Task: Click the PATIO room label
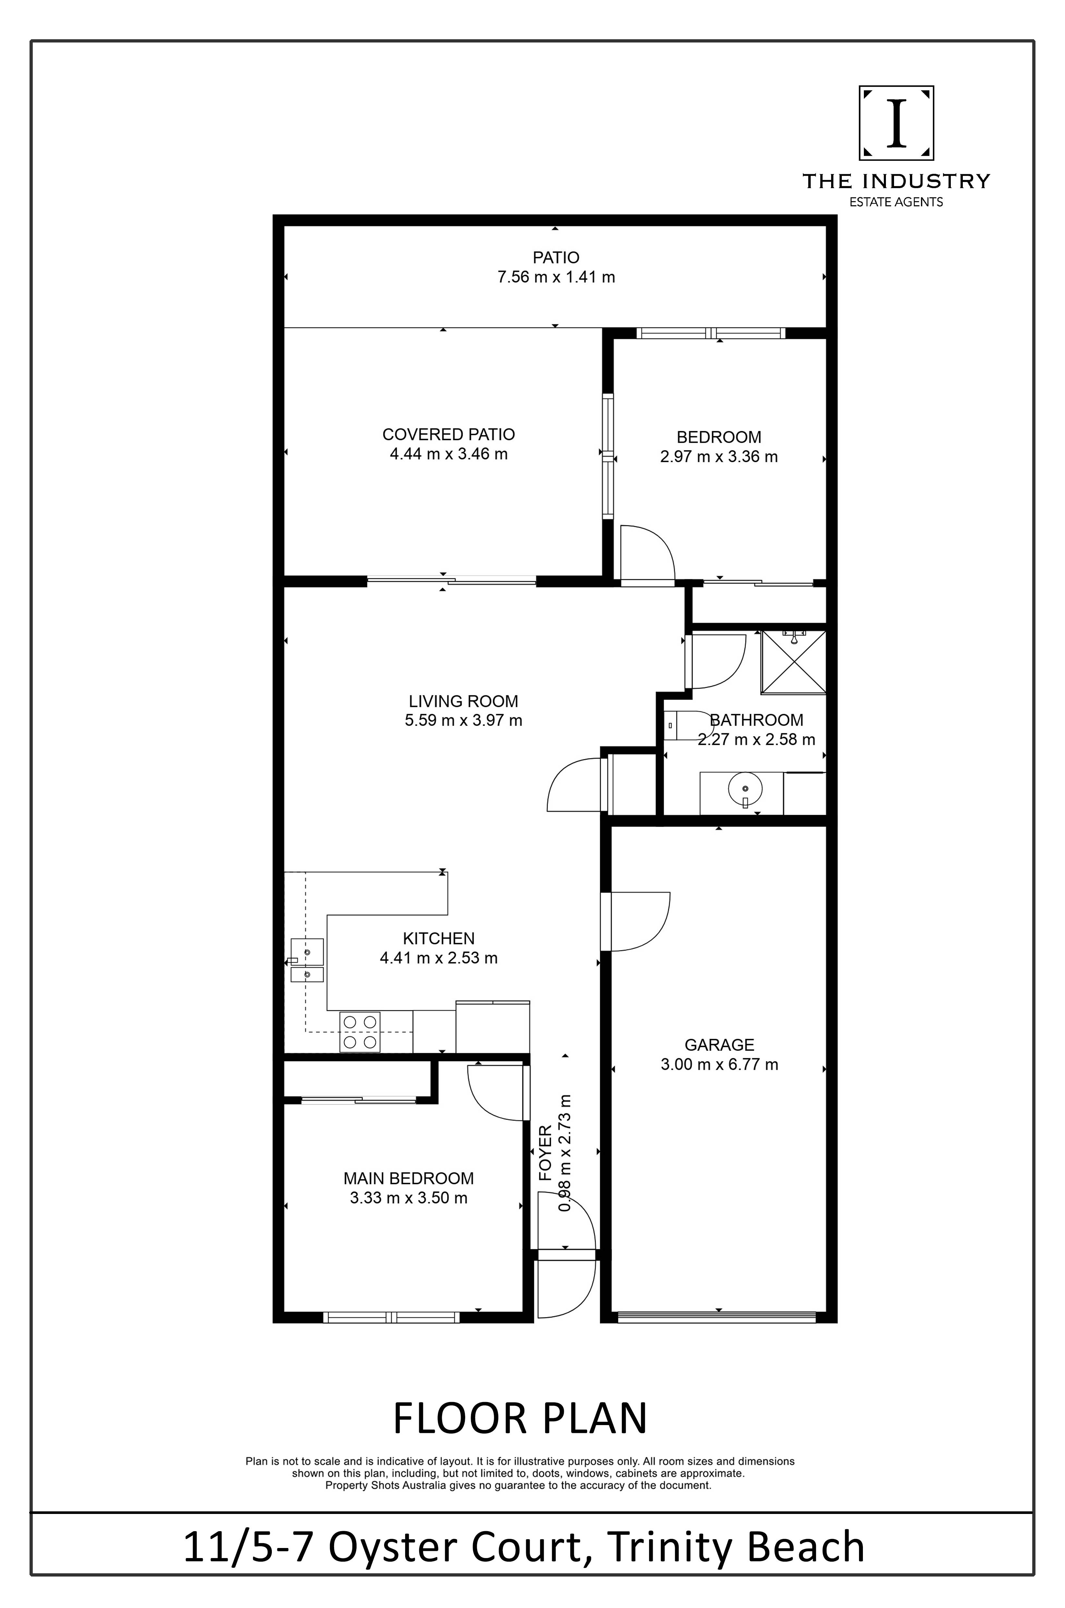click(556, 258)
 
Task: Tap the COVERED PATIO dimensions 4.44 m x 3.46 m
click(448, 454)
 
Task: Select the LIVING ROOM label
click(463, 701)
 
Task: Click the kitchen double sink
click(307, 960)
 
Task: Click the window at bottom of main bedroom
click(392, 1317)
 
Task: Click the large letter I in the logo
click(897, 123)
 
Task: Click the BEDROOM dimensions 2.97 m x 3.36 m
click(719, 456)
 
